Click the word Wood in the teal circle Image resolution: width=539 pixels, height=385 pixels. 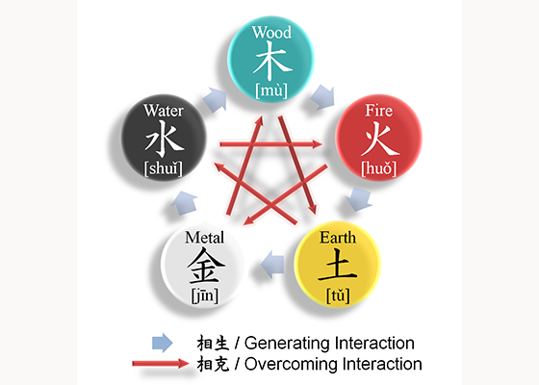271,33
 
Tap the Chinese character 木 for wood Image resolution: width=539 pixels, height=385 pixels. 272,61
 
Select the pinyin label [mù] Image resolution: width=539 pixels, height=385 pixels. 271,90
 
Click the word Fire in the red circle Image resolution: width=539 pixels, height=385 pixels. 379,111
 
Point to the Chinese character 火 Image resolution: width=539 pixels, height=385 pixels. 380,139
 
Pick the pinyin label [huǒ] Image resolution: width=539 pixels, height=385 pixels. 379,168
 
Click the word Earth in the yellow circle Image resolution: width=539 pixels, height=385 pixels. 338,238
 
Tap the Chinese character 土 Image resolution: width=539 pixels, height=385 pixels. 338,266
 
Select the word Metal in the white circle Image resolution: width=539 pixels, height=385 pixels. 204,238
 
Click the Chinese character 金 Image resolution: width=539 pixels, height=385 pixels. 206,266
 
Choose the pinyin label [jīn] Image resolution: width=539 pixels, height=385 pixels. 205,295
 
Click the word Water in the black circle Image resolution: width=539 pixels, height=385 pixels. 164,111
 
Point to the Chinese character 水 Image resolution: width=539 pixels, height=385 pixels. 165,139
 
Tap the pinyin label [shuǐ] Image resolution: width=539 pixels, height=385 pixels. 164,168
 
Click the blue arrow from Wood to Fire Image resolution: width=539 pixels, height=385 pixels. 323,97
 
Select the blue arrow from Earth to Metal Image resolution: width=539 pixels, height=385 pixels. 272,265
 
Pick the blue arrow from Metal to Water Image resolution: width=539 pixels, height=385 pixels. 184,203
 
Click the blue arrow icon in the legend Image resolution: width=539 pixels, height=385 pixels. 163,343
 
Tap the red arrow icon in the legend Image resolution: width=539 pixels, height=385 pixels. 161,364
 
